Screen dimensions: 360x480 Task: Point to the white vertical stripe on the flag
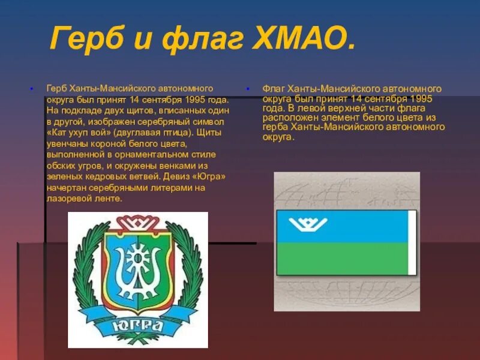(412, 243)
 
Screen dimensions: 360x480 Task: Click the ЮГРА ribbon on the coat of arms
(138, 325)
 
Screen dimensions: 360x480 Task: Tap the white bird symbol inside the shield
(138, 264)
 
